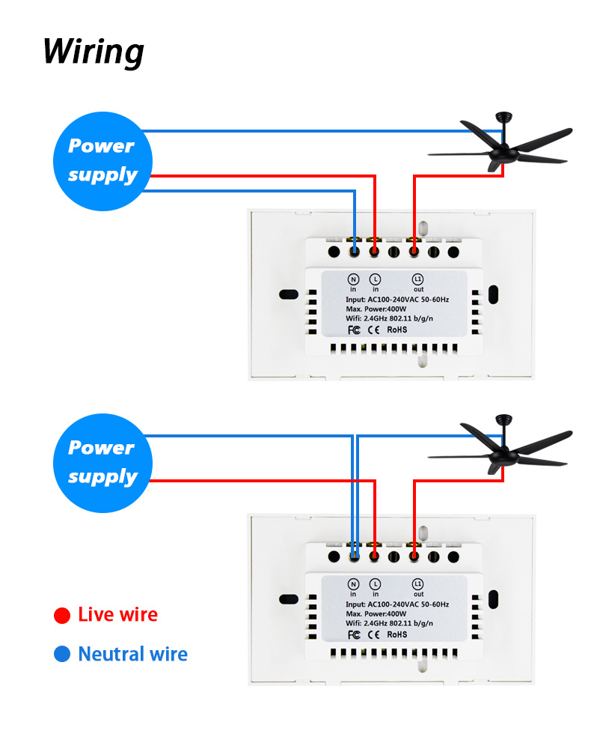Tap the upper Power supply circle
(x=102, y=160)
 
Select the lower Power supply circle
(x=102, y=462)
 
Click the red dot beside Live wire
(x=63, y=616)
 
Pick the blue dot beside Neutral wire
(x=63, y=655)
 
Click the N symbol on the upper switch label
(x=354, y=279)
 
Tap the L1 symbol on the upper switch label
(x=418, y=279)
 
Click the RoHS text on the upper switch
(x=397, y=329)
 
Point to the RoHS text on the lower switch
(x=397, y=634)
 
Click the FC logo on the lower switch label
(x=355, y=634)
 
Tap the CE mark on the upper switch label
(x=374, y=329)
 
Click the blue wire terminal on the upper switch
(x=354, y=252)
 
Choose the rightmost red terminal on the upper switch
(x=414, y=252)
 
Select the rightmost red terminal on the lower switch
(x=414, y=557)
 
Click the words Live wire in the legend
(x=117, y=615)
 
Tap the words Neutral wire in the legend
(x=132, y=655)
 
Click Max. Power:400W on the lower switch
(x=376, y=613)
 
